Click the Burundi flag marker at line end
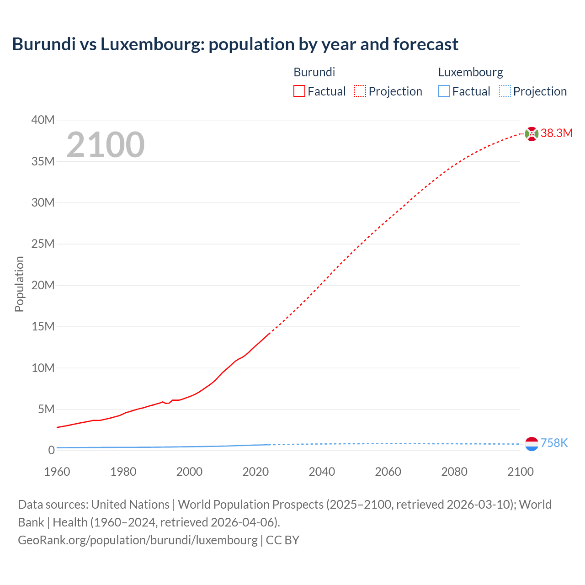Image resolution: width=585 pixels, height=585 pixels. coord(532,134)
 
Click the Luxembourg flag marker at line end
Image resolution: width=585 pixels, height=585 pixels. coord(532,444)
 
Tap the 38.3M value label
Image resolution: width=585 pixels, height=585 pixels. coord(556,133)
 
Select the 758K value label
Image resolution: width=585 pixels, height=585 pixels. coord(554,443)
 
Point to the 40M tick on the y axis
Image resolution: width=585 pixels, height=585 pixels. coord(43,120)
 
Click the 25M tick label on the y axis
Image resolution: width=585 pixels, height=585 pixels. coord(43,244)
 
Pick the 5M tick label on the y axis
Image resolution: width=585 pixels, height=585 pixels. coord(46,409)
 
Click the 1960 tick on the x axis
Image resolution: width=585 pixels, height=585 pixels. coord(57,472)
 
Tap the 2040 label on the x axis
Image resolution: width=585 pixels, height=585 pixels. coord(322,472)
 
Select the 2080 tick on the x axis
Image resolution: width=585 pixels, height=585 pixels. coord(454,472)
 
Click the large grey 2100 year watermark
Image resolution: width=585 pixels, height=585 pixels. coord(106,145)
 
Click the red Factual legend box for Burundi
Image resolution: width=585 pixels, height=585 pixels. coord(299,91)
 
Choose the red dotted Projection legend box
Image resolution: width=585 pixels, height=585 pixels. coord(360,91)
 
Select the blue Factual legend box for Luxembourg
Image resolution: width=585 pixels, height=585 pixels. coord(444,91)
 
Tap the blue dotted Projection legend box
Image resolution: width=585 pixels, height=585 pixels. coord(505,91)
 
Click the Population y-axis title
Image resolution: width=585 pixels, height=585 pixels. coord(19,284)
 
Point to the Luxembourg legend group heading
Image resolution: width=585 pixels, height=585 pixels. coord(470,72)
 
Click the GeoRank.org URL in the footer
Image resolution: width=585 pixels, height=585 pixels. coord(138,540)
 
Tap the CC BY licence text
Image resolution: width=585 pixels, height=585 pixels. coord(282,540)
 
